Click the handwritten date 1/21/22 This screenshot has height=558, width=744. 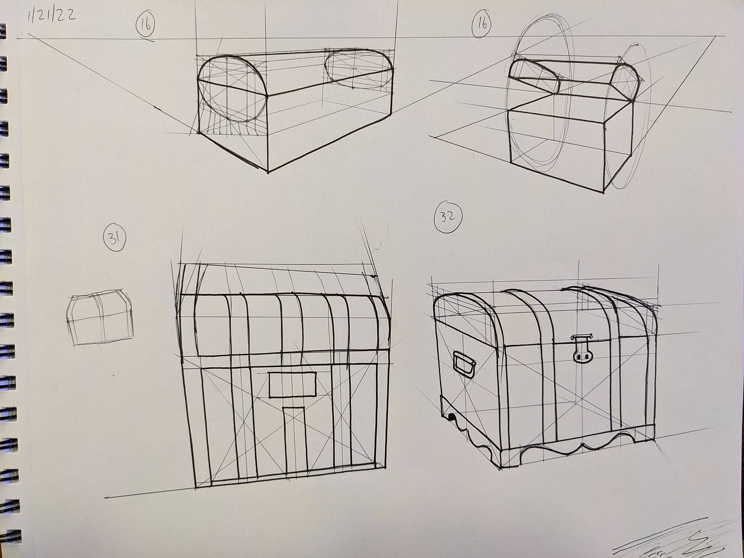tap(52, 16)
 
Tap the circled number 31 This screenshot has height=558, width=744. tap(115, 239)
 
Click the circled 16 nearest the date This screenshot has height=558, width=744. tap(146, 26)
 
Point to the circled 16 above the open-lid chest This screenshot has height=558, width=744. tap(481, 25)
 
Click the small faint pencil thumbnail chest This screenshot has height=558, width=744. tap(100, 317)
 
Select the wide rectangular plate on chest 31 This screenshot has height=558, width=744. tap(292, 385)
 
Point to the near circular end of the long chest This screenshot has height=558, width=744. tap(232, 89)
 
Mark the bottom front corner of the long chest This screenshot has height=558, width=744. tap(268, 172)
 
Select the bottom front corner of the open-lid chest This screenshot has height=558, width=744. tap(603, 193)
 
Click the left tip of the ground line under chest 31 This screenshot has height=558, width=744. tap(105, 497)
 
